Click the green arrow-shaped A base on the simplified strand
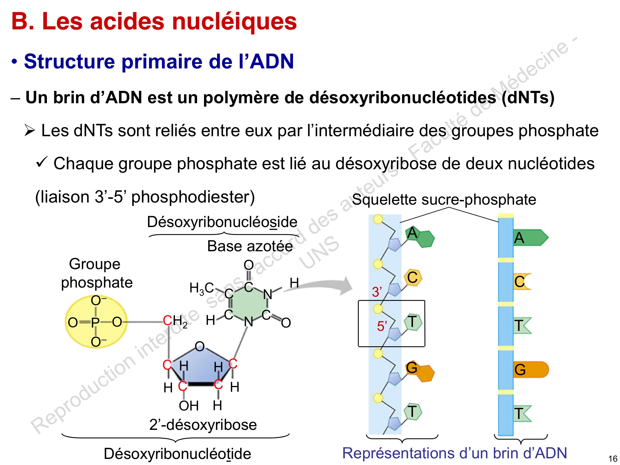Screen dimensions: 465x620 [531, 238]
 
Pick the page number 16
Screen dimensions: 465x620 [613, 459]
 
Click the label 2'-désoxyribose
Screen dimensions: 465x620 [203, 424]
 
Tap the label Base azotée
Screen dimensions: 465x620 [250, 246]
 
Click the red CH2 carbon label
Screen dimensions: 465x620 [175, 321]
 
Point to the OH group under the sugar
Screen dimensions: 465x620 [189, 406]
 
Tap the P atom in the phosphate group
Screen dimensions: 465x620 [95, 322]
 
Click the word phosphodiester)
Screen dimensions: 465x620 [193, 197]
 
